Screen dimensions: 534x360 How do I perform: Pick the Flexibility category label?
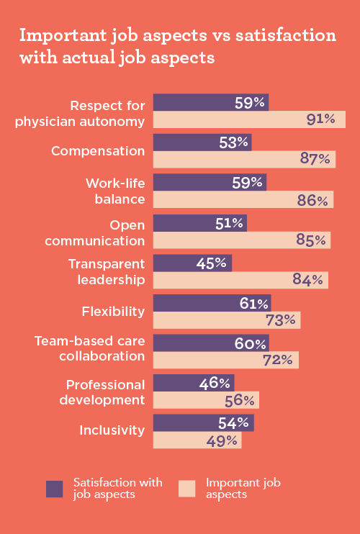114,312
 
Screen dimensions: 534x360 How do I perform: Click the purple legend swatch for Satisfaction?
55,489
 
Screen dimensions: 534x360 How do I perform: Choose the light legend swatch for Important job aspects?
186,489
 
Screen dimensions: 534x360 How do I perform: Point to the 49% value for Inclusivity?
222,440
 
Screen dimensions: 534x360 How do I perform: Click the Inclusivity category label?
112,431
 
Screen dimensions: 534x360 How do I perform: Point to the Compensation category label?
98,151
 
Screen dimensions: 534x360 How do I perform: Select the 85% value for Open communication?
310,240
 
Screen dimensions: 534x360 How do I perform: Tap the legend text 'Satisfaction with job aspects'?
117,489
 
